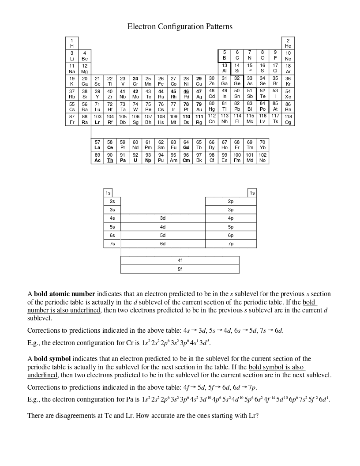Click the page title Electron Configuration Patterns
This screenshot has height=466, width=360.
coord(180,26)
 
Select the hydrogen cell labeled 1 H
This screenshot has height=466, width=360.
coord(72,43)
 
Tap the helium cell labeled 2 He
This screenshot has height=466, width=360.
coord(288,43)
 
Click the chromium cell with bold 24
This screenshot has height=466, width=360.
coord(135,81)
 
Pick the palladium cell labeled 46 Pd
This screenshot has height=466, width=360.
coord(186,94)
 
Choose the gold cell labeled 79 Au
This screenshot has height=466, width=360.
coord(199,106)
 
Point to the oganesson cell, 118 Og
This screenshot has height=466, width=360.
coord(288,119)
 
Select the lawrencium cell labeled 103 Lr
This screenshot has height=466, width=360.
coord(97,119)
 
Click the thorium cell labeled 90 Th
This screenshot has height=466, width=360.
coord(110,158)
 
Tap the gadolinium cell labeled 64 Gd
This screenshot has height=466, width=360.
coord(186,145)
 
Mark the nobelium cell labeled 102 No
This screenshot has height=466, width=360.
coord(262,158)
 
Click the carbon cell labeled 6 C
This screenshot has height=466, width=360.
coord(237,56)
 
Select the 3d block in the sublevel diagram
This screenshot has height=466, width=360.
coord(162,218)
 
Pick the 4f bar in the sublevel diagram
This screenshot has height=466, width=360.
coord(180,260)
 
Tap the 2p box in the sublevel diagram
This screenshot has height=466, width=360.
coord(231,201)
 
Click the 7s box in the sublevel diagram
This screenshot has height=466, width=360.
coord(112,244)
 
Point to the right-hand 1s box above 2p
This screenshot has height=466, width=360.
coord(252,193)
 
